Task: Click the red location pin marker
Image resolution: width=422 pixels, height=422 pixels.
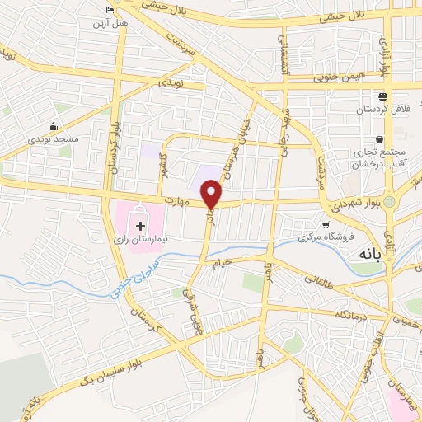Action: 212,195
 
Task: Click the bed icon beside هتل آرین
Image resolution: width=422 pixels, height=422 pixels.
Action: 111,10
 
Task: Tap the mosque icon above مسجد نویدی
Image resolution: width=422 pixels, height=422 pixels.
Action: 53,126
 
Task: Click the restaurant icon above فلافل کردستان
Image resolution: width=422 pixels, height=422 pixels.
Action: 382,96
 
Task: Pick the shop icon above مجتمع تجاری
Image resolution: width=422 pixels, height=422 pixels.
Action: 379,140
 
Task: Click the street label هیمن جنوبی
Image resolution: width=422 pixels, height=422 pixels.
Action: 334,77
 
